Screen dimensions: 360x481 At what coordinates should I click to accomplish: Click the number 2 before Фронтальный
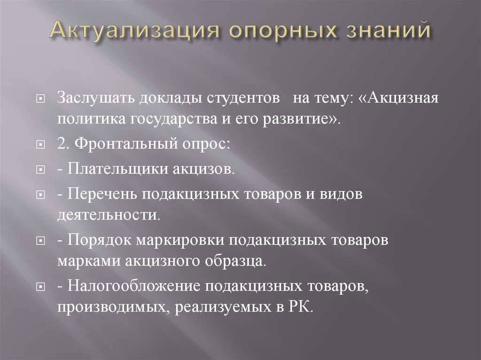[x=62, y=144]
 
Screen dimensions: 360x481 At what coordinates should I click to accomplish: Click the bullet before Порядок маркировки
[x=41, y=241]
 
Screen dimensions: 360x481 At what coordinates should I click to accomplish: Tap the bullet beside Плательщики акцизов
[x=41, y=169]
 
